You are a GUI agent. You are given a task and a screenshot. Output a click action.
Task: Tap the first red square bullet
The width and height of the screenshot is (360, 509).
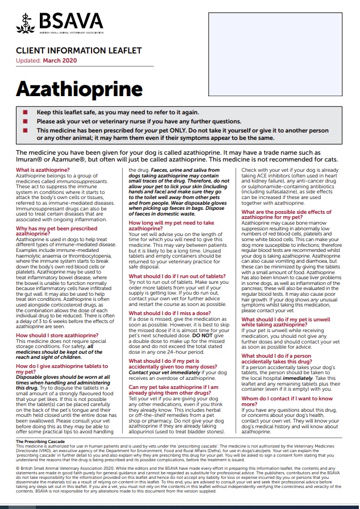(24, 113)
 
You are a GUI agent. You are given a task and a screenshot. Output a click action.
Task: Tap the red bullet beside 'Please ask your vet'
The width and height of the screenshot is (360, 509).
(24, 121)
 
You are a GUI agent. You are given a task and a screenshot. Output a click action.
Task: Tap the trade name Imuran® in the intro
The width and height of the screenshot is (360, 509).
(33, 161)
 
